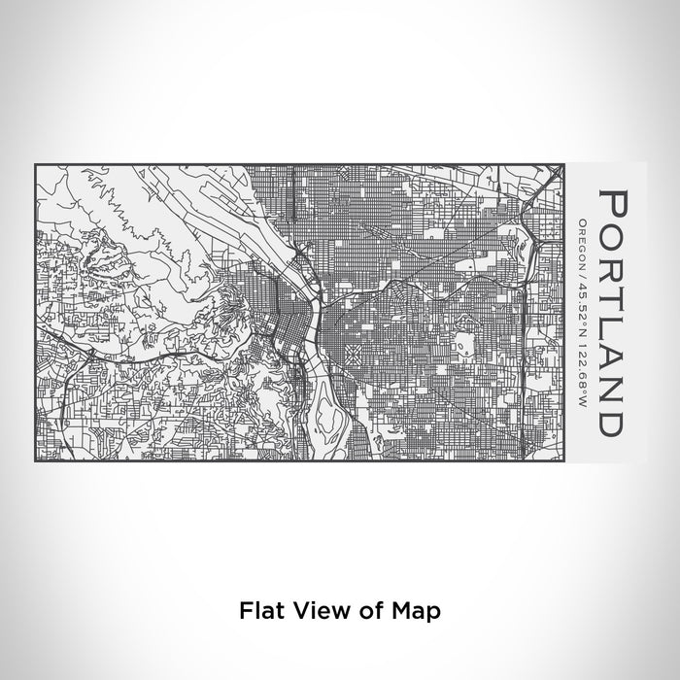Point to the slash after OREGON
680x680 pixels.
tap(581, 266)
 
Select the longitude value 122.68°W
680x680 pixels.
tap(581, 344)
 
